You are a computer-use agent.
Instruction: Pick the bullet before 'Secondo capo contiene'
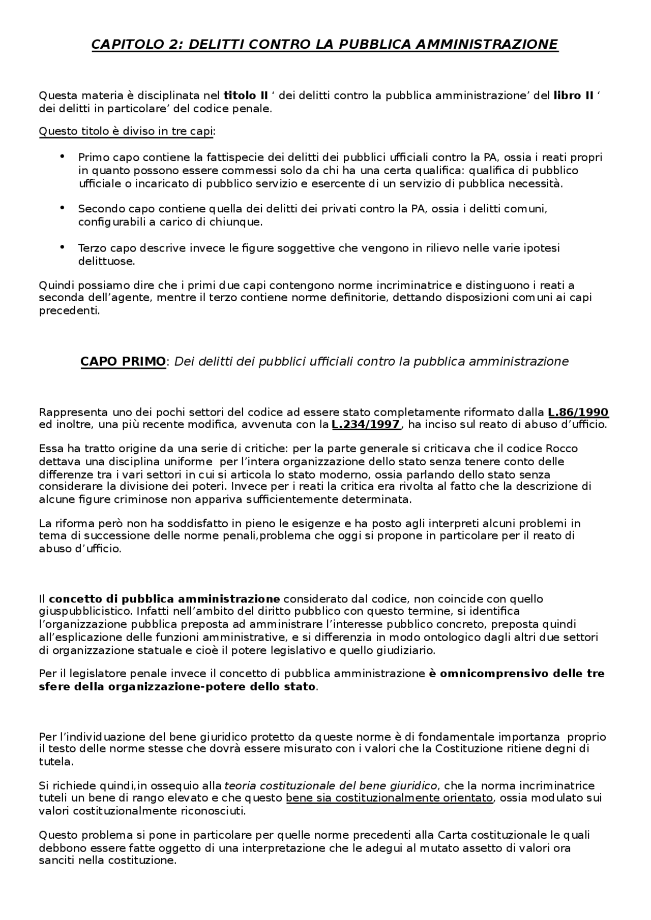pyautogui.click(x=62, y=208)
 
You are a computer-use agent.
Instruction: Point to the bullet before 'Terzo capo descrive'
pyautogui.click(x=62, y=247)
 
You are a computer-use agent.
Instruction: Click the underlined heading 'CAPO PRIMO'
pyautogui.click(x=123, y=362)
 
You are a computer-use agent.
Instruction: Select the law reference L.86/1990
pyautogui.click(x=578, y=412)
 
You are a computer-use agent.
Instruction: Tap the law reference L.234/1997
pyautogui.click(x=366, y=425)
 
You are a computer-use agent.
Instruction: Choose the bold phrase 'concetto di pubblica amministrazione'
pyautogui.click(x=164, y=599)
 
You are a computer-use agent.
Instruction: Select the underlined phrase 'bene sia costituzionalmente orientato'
pyautogui.click(x=389, y=798)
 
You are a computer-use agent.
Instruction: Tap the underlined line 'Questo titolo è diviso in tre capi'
pyautogui.click(x=126, y=132)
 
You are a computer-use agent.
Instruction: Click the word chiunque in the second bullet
pyautogui.click(x=242, y=222)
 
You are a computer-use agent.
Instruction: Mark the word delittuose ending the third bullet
pyautogui.click(x=106, y=262)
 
